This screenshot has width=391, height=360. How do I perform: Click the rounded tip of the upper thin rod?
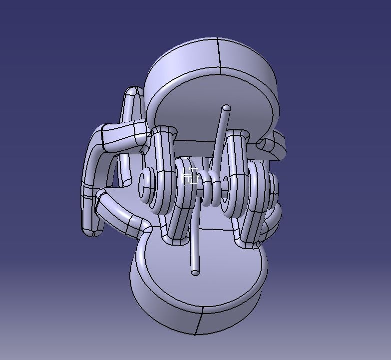(226, 108)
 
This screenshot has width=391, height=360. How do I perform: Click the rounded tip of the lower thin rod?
(195, 273)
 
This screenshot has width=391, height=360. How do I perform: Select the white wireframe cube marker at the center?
(190, 175)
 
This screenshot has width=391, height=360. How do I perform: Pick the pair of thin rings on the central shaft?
(212, 189)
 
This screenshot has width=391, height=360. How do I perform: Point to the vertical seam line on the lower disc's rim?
(199, 324)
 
